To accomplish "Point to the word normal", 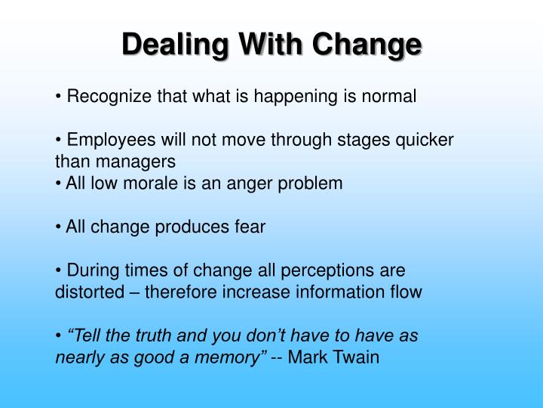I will tap(391, 97).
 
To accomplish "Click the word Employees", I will tap(108, 141).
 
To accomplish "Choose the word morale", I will tap(176, 183).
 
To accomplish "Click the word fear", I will tap(250, 227).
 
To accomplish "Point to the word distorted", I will tap(86, 292).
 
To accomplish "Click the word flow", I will tap(406, 292).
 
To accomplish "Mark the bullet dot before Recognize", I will tap(58, 97).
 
